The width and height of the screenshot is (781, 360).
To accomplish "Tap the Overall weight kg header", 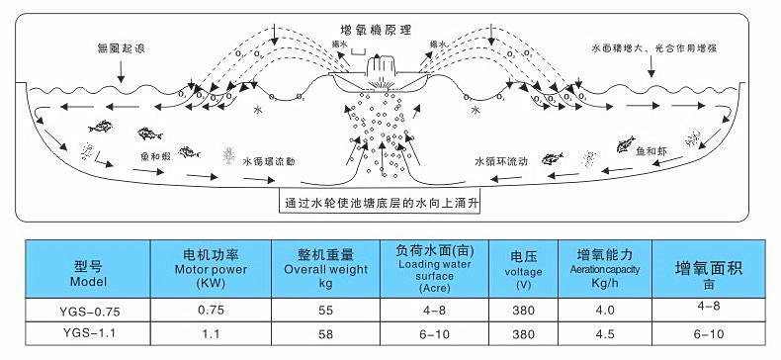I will click(x=325, y=267).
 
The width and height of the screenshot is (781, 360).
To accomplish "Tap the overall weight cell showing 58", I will click(x=325, y=334).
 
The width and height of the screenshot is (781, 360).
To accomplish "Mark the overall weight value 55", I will click(x=325, y=311).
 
